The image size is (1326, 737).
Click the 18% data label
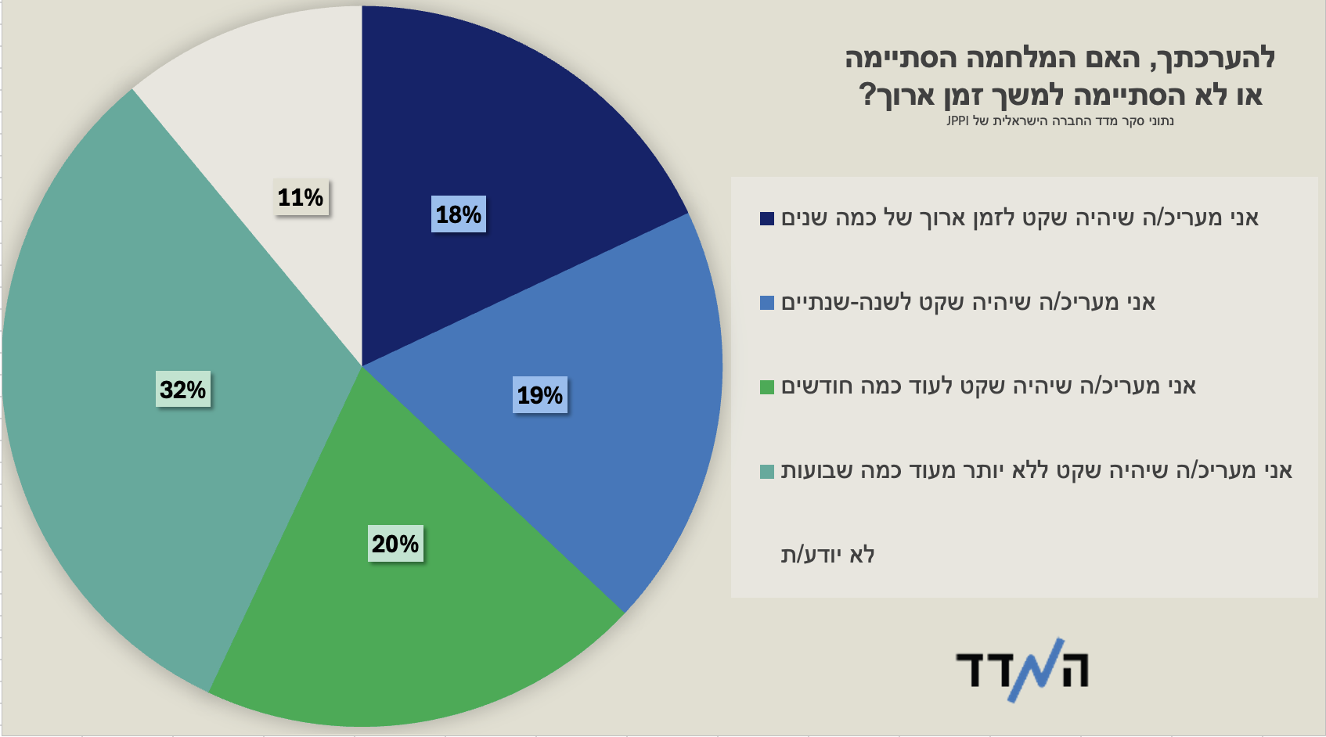pyautogui.click(x=459, y=214)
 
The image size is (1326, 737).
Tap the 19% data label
pyautogui.click(x=540, y=395)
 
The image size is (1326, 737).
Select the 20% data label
pyautogui.click(x=395, y=544)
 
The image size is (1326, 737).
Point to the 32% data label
pyautogui.click(x=183, y=390)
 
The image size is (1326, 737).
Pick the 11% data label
pyautogui.click(x=301, y=197)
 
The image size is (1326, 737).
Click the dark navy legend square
pyautogui.click(x=767, y=218)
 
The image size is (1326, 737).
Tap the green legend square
pyautogui.click(x=767, y=387)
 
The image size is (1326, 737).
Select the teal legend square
pyautogui.click(x=767, y=471)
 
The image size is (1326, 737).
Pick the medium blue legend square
pyautogui.click(x=767, y=303)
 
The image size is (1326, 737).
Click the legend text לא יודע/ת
pyautogui.click(x=827, y=555)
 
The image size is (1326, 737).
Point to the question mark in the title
pyautogui.click(x=867, y=95)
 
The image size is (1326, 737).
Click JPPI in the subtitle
pyautogui.click(x=957, y=121)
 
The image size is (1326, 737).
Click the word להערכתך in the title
pyautogui.click(x=1220, y=59)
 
